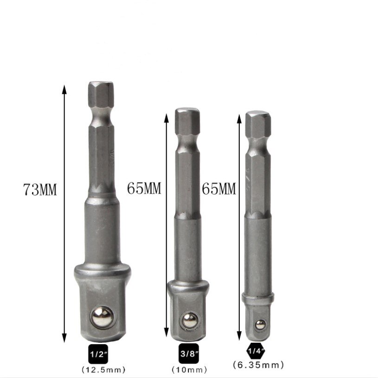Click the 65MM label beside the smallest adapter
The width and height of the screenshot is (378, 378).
218,189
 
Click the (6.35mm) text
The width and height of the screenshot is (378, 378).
258,365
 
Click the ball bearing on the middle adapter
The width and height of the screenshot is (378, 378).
187,319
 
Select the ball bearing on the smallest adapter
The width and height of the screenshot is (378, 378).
259,324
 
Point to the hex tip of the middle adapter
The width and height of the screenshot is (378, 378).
187,119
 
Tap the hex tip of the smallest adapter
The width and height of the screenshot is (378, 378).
258,123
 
